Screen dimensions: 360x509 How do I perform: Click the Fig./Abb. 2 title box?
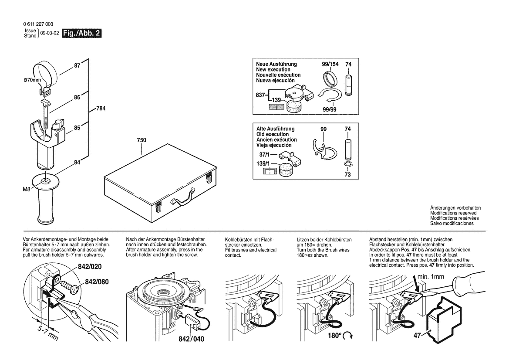point(82,33)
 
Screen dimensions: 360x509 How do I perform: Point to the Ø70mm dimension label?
point(32,81)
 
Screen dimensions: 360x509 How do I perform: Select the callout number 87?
point(77,65)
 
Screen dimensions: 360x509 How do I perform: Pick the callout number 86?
point(77,98)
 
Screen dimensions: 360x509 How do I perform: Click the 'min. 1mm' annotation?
point(431,276)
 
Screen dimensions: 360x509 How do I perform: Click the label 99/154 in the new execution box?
point(330,64)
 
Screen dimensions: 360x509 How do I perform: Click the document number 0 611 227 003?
point(39,24)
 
